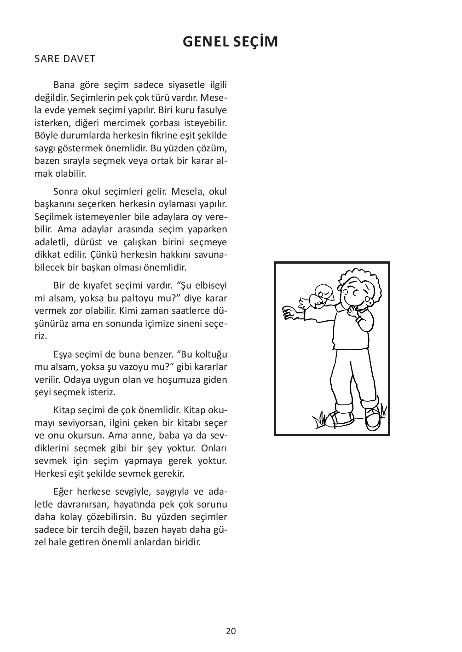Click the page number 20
pyautogui.click(x=231, y=631)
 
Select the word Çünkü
pyautogui.click(x=104, y=254)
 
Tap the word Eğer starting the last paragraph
pyautogui.click(x=64, y=490)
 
